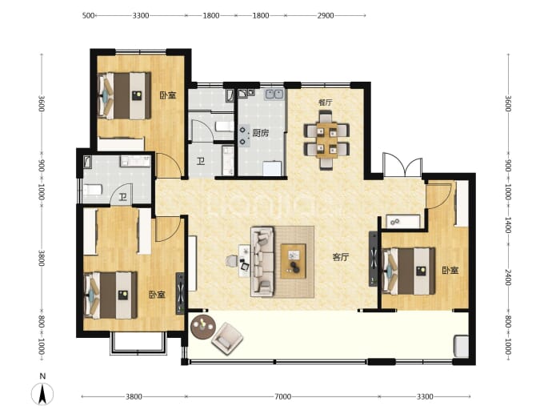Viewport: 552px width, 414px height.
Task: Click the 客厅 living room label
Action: coord(341,257)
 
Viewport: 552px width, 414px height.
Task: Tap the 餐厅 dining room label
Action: coord(326,102)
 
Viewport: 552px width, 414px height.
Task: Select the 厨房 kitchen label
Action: coord(261,133)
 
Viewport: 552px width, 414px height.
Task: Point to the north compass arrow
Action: coord(42,394)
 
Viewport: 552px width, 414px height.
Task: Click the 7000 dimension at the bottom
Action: coord(282,396)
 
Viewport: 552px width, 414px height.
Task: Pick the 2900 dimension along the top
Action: coord(326,15)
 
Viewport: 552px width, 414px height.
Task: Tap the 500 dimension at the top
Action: coord(88,15)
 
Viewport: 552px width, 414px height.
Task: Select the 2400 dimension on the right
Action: coord(508,277)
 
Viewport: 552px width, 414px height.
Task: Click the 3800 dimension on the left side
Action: coord(42,259)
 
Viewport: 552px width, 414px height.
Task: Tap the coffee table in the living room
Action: coord(294,261)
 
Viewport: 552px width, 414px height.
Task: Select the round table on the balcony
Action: coord(202,328)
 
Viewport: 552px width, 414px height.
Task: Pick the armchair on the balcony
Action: coord(227,339)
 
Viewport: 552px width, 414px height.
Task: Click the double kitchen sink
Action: coord(274,94)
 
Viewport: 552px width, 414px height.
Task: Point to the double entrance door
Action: coord(402,165)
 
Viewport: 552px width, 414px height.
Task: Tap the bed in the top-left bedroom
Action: coord(124,95)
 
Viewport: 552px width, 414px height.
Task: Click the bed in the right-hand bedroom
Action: coord(408,271)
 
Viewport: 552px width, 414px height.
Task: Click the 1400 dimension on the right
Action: coord(508,225)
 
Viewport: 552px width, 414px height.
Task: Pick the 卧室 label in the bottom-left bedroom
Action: coord(157,294)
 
